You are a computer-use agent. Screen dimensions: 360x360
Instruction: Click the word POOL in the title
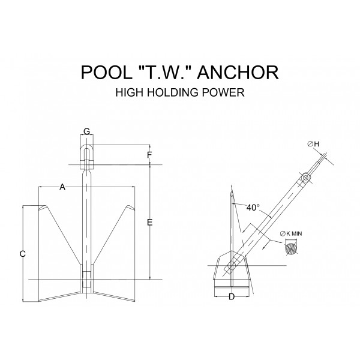click(107, 73)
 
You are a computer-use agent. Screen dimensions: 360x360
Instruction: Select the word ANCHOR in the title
click(238, 73)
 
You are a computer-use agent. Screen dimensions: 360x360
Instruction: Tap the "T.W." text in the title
click(164, 72)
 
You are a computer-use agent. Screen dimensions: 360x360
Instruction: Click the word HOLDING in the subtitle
click(173, 92)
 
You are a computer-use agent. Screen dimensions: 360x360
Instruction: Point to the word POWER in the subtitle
click(223, 92)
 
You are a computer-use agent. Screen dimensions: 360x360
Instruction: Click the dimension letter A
click(62, 187)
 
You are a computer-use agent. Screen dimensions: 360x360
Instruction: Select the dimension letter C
click(23, 254)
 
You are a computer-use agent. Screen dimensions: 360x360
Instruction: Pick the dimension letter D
click(232, 296)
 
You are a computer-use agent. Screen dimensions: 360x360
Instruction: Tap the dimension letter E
click(149, 222)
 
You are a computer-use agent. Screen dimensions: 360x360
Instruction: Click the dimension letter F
click(149, 155)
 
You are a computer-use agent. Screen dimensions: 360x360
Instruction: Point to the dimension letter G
click(86, 131)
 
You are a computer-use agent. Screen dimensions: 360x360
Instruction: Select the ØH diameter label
click(313, 144)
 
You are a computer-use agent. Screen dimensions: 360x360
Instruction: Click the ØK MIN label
click(291, 234)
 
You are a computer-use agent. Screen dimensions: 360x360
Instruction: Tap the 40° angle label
click(253, 208)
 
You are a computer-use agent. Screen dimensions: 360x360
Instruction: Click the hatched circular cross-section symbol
click(291, 248)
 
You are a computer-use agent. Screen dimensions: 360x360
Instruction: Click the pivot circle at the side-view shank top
click(305, 178)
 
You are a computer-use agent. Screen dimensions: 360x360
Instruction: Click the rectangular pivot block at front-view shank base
click(86, 280)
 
